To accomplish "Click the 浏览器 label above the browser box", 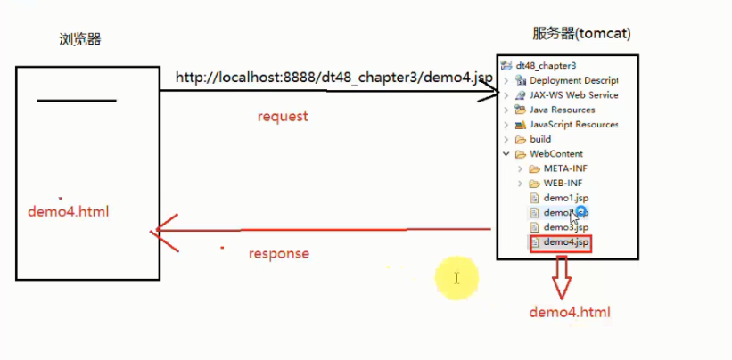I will (x=80, y=40).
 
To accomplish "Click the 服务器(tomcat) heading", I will (x=581, y=34).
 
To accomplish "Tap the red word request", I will (x=283, y=116).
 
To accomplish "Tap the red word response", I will (x=279, y=253).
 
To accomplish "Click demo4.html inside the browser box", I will (x=69, y=212).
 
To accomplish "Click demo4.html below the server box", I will (x=570, y=312).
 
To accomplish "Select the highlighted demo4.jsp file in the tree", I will (x=566, y=242).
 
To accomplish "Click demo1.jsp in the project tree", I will (x=566, y=198).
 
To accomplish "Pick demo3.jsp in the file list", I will (x=566, y=227).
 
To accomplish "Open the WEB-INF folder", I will (x=563, y=183).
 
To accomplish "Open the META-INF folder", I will (x=565, y=168).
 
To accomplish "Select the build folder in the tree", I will (x=540, y=139).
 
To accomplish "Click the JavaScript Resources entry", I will (x=573, y=125).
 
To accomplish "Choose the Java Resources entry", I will (x=562, y=110).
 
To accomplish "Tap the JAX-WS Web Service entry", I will (x=573, y=95).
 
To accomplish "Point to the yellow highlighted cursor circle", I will (x=456, y=279).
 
